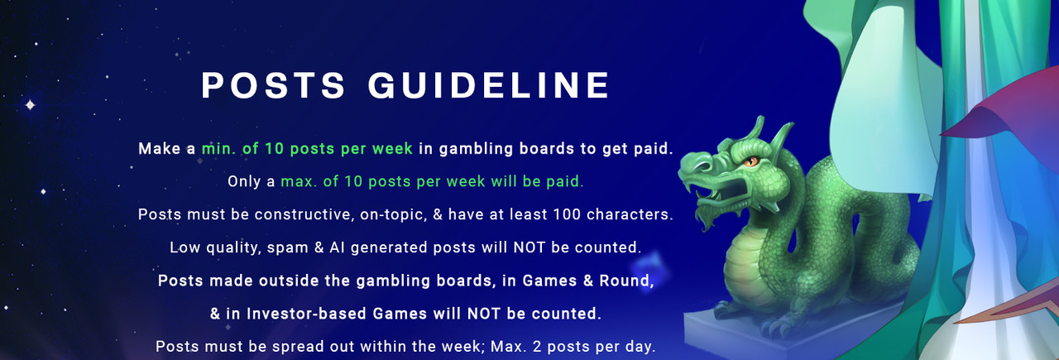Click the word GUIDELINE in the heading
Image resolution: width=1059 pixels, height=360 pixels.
(x=489, y=85)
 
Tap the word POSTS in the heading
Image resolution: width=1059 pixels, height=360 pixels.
(x=273, y=85)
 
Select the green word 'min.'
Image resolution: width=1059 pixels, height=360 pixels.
(x=219, y=149)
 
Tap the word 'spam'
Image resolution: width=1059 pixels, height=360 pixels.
(x=287, y=248)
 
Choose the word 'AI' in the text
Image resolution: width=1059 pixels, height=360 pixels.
(x=337, y=247)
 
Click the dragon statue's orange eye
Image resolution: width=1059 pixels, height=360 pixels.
(x=750, y=161)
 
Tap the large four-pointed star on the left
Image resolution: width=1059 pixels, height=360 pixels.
(x=31, y=104)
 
